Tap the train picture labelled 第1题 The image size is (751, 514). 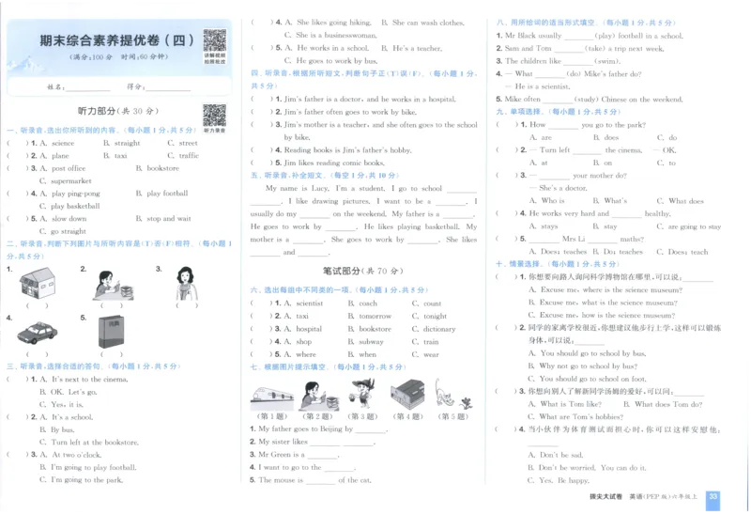click(x=271, y=394)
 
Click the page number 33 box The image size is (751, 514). click(x=713, y=496)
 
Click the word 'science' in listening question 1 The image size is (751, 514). click(x=63, y=143)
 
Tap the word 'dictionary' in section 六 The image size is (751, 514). click(x=439, y=329)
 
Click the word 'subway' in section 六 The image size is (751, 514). click(x=371, y=342)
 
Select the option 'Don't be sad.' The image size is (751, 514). click(x=560, y=455)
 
